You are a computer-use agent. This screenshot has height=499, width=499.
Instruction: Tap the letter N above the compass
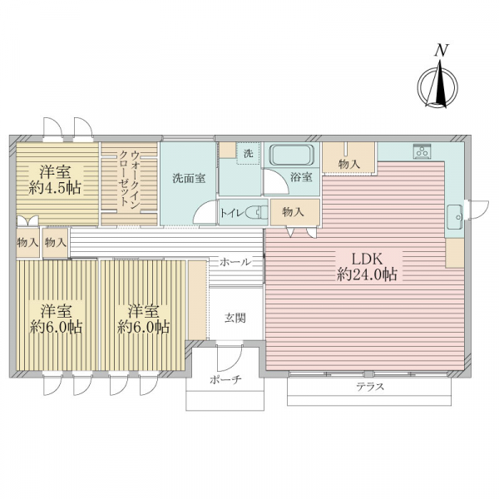(x=442, y=50)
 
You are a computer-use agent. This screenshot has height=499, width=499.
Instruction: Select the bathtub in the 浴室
(x=292, y=156)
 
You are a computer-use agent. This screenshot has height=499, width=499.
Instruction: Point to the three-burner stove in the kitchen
(x=422, y=151)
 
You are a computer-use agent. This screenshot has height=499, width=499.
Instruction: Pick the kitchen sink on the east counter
(x=454, y=217)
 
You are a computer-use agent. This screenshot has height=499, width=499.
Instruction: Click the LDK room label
(x=367, y=259)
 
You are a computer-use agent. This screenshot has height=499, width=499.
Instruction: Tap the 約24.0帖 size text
(x=367, y=274)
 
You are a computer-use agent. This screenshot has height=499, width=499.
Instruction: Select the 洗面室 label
(x=189, y=178)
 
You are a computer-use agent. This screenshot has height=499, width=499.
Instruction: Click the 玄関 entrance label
(x=235, y=318)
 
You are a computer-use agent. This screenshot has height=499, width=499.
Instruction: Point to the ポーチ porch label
(x=225, y=379)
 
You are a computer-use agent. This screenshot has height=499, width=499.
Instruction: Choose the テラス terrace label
(x=370, y=387)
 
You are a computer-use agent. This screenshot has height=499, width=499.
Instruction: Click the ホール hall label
(x=235, y=262)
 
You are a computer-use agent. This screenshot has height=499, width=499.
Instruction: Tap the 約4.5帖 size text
(x=54, y=189)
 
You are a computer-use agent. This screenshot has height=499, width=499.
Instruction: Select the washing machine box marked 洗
(x=248, y=153)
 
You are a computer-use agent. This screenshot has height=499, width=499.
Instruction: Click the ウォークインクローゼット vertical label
(x=129, y=179)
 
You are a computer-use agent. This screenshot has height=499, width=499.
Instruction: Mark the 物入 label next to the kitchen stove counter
(x=349, y=164)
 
